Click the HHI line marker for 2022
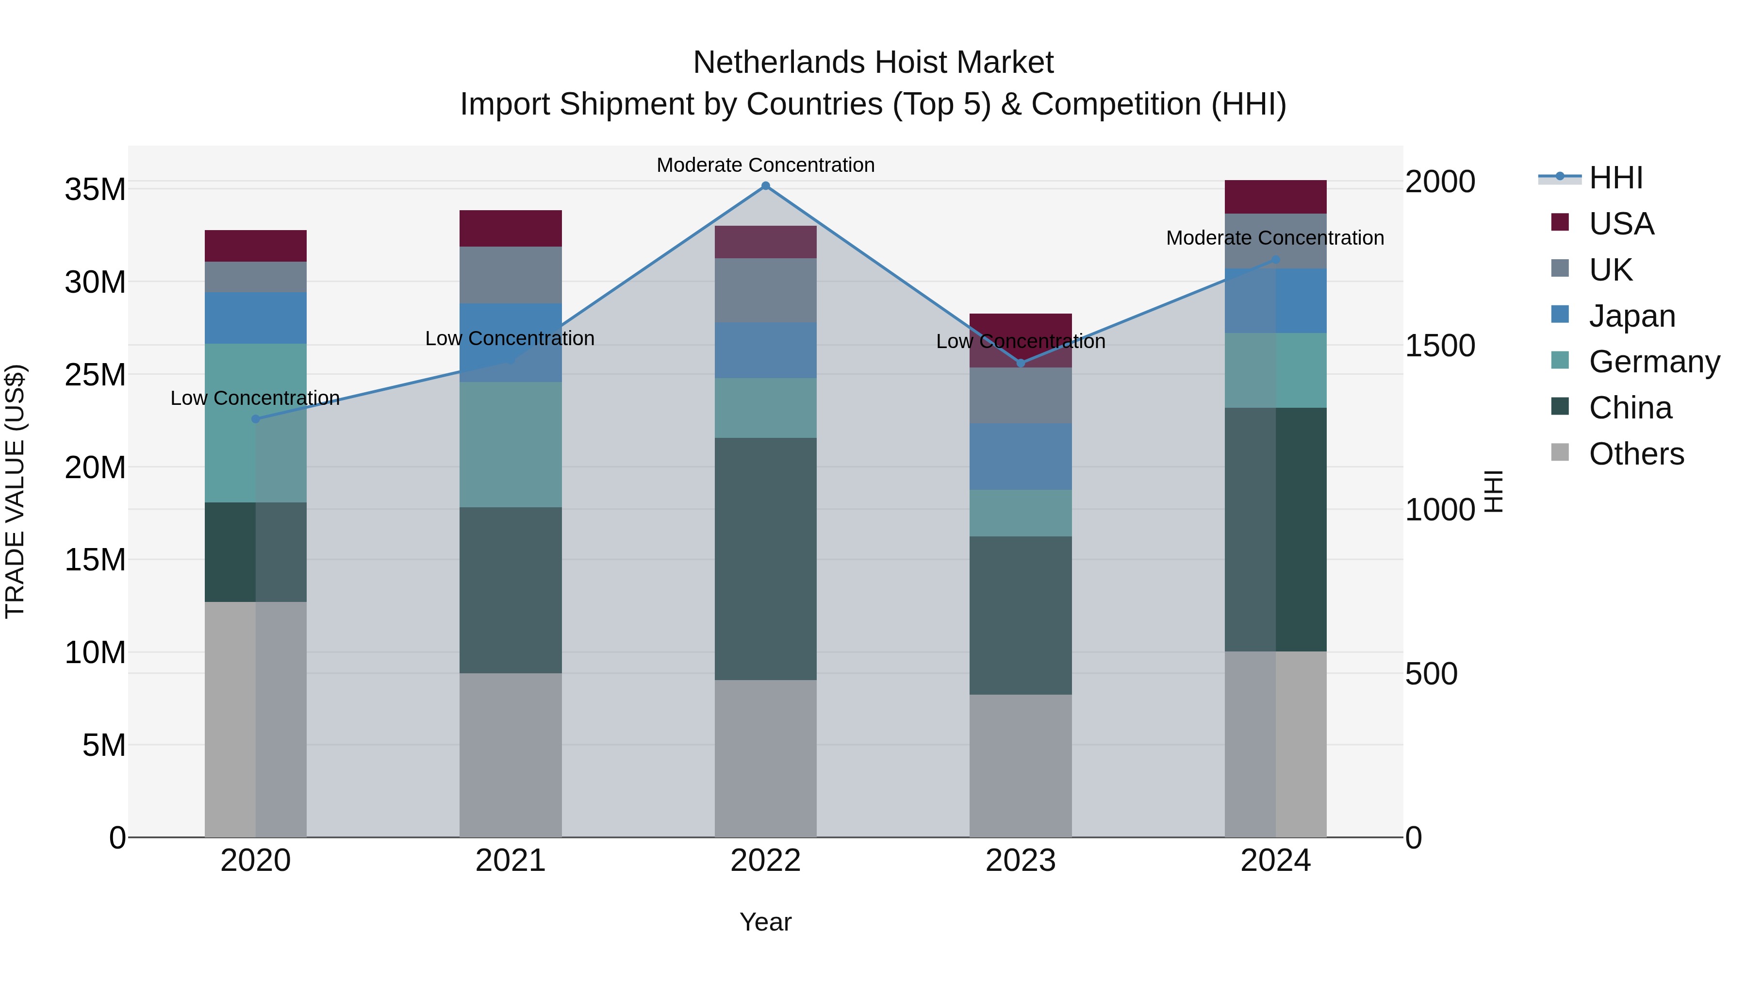click(766, 186)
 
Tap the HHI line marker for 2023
click(1021, 364)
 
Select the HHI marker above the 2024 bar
click(1276, 260)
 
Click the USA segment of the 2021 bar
click(511, 229)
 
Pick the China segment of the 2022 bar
click(766, 558)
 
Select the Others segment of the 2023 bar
click(1021, 765)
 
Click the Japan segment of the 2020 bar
click(256, 317)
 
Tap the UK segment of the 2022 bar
click(766, 290)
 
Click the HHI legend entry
click(1615, 178)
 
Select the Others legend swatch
click(1560, 452)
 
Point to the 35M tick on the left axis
click(95, 189)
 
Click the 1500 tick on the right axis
click(1440, 345)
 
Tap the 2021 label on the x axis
click(511, 861)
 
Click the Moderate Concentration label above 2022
click(766, 165)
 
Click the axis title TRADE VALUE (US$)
click(15, 491)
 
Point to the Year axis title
click(766, 922)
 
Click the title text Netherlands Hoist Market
click(873, 63)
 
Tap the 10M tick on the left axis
click(95, 652)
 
